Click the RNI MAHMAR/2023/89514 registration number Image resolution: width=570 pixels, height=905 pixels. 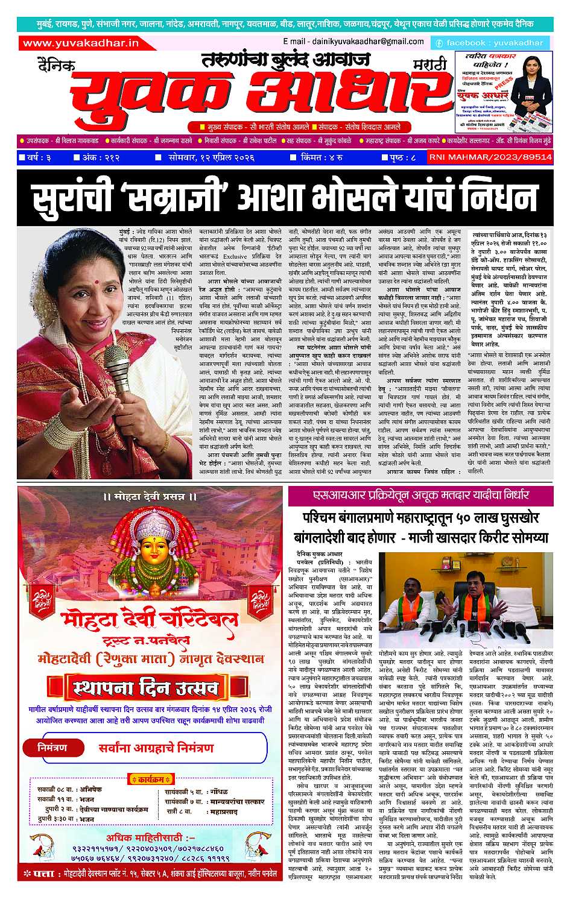(490, 157)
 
